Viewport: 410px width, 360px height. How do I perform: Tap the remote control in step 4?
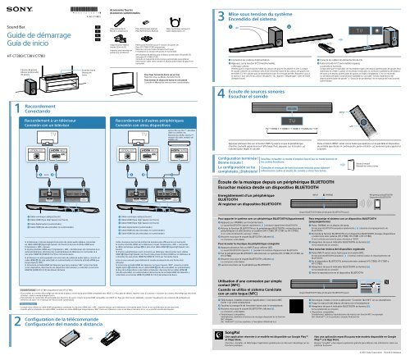point(387,140)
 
